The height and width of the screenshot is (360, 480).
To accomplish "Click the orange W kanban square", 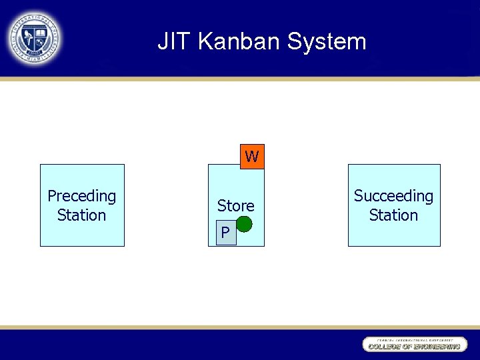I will point(252,157).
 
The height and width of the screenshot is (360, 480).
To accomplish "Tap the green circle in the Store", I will point(245,224).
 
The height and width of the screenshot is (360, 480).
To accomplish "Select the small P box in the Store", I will point(226,232).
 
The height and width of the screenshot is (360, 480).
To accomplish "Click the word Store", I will point(235,206).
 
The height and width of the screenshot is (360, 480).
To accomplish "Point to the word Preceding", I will point(82,196).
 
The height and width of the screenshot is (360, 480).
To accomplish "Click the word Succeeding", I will point(393,196).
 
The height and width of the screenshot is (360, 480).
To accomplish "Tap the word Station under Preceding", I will point(82,215).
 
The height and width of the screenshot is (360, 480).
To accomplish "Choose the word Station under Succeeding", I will point(393,215).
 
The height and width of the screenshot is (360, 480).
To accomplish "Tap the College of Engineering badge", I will point(414,344).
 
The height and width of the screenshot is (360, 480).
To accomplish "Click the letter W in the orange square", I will point(252,157).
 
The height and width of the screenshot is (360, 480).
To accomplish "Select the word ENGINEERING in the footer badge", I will point(437,347).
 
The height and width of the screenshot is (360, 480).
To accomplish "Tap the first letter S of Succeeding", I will point(358,196).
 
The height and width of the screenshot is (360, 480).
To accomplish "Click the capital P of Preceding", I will point(51,196).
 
